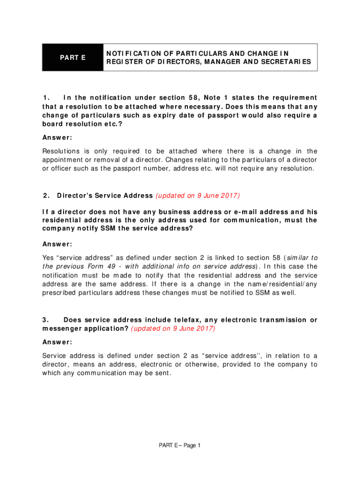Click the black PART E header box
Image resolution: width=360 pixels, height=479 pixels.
(72, 58)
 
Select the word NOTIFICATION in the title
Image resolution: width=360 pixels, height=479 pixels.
(133, 53)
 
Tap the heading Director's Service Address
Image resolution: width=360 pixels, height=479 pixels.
(105, 196)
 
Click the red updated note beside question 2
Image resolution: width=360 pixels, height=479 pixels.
(198, 196)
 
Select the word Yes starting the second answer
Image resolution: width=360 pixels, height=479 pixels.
(49, 258)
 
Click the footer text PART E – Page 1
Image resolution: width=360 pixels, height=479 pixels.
(180, 445)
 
